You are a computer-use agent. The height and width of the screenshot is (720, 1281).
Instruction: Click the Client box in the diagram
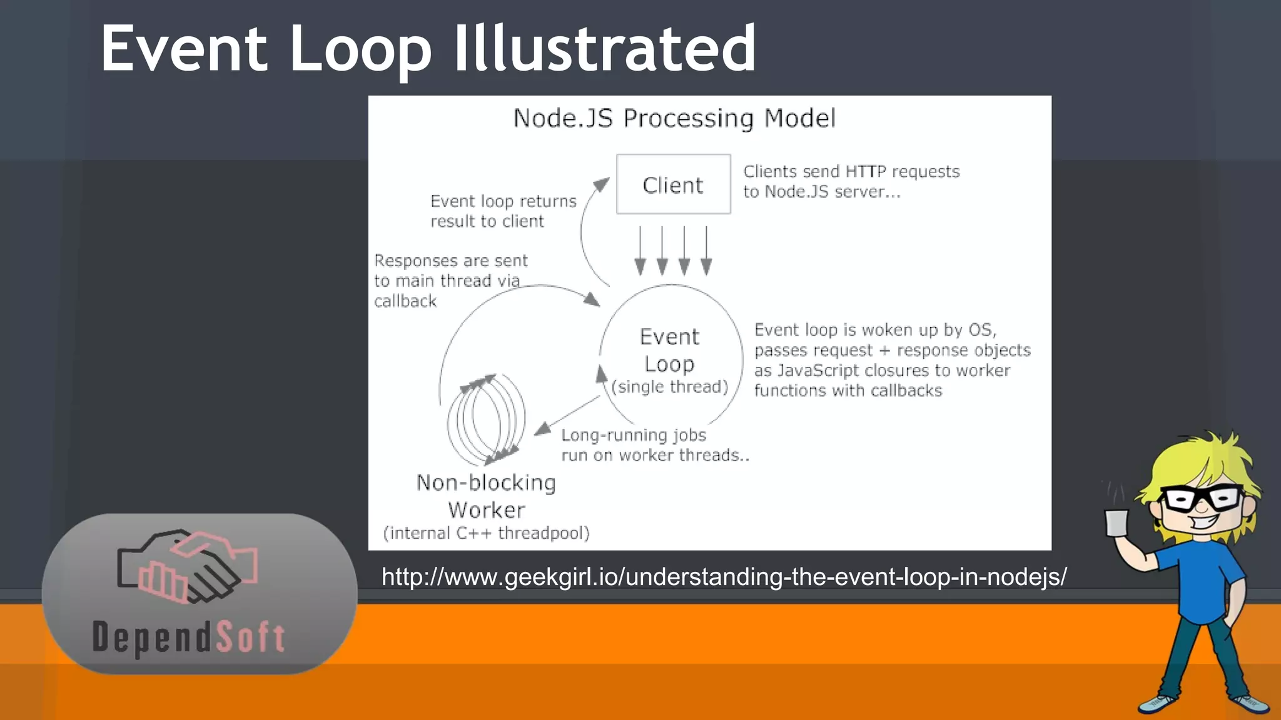[673, 184]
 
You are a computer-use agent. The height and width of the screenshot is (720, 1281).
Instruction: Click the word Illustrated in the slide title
[604, 49]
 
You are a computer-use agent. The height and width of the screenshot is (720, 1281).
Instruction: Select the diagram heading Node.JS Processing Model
[674, 118]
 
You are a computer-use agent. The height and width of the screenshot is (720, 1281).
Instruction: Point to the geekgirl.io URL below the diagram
[724, 576]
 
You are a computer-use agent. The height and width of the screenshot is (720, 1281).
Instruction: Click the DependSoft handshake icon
[187, 566]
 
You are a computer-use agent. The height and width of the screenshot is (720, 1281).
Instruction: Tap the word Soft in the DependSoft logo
[250, 637]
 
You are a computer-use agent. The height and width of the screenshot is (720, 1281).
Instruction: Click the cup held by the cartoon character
[1116, 522]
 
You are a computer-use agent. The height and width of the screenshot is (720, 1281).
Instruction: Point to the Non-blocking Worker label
[486, 496]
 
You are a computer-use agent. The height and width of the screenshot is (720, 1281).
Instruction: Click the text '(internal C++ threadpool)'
[486, 533]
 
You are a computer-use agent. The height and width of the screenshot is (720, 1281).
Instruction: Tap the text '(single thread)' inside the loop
[670, 387]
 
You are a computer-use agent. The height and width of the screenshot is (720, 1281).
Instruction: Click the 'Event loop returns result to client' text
[503, 211]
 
